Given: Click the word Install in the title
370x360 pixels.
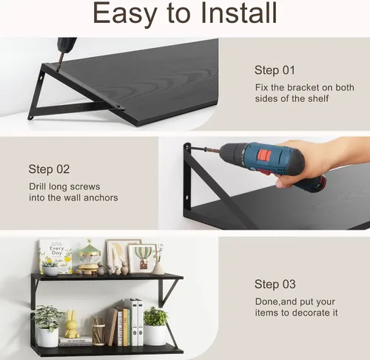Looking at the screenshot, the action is [239, 13].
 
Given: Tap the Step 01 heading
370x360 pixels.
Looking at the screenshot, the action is [275, 70].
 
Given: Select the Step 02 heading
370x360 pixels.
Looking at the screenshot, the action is [49, 169].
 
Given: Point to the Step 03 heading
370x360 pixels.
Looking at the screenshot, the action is [275, 284].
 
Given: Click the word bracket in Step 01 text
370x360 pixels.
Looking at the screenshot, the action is [309, 87].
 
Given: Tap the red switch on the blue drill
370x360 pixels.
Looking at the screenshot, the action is [264, 154].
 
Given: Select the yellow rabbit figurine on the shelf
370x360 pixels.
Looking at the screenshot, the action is [72, 325].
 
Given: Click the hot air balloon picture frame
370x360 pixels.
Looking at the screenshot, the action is [143, 258].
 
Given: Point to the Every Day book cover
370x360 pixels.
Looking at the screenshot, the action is [55, 257].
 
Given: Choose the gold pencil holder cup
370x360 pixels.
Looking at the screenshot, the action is [98, 334].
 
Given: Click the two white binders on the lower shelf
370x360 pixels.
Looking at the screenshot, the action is [137, 322].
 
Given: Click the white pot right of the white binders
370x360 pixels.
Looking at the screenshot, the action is [155, 335].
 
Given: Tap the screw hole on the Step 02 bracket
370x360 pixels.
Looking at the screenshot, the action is [187, 197].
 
